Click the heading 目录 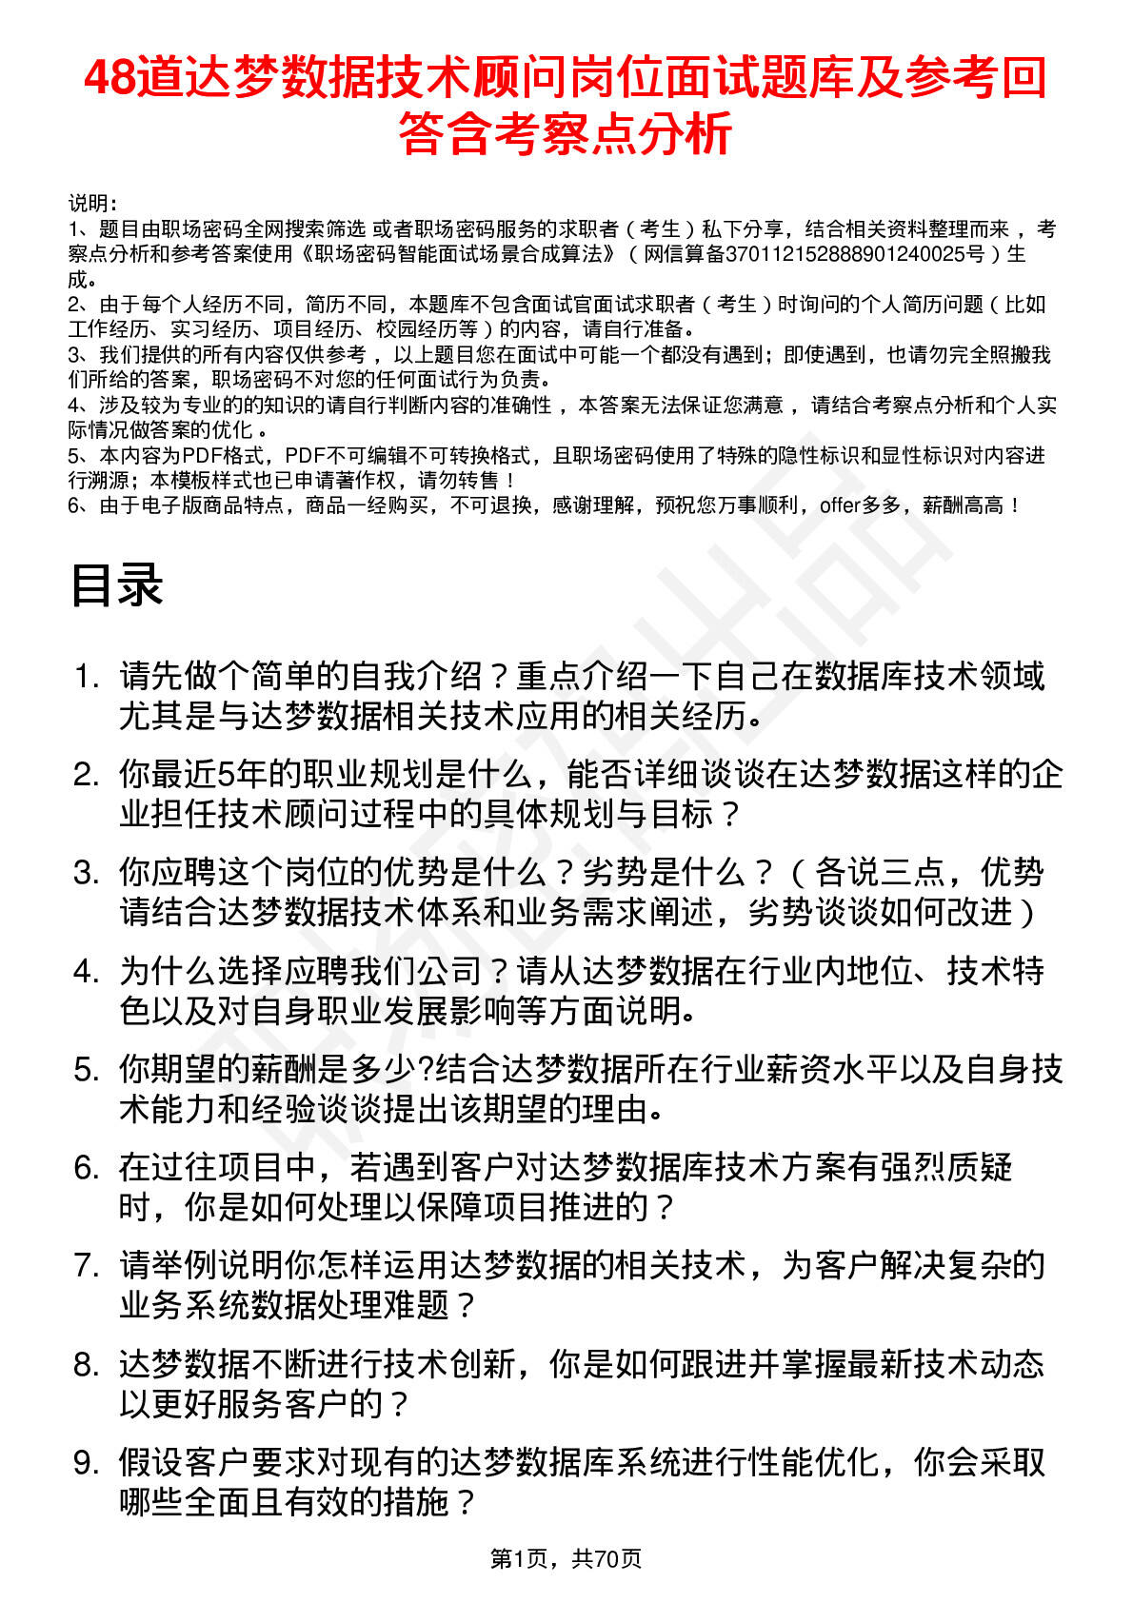116,585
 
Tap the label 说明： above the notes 92,203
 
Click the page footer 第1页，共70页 566,1558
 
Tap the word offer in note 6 839,505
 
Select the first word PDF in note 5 201,456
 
